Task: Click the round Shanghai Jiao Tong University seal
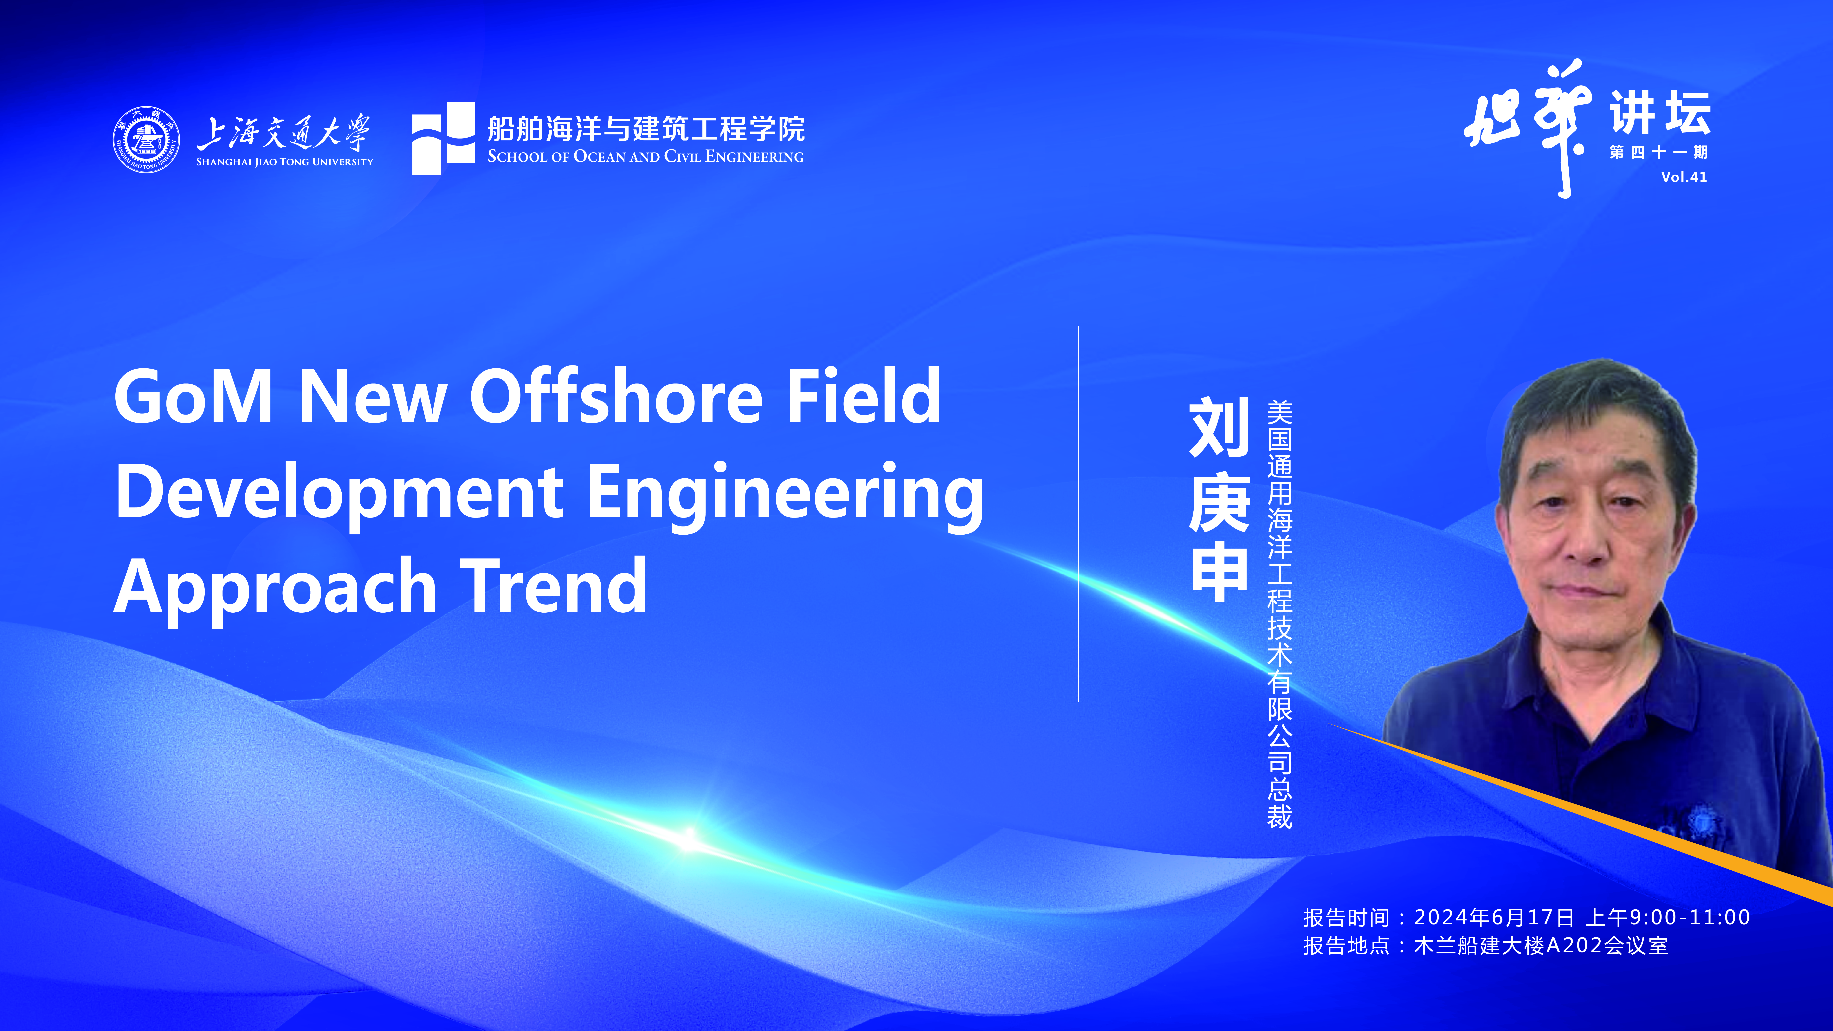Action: [x=146, y=139]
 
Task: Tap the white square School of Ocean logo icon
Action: [x=443, y=138]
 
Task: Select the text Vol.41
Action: [x=1684, y=177]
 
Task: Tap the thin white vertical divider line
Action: [x=1079, y=514]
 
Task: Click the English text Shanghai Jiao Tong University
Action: [x=285, y=162]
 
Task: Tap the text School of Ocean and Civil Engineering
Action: [x=645, y=157]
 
